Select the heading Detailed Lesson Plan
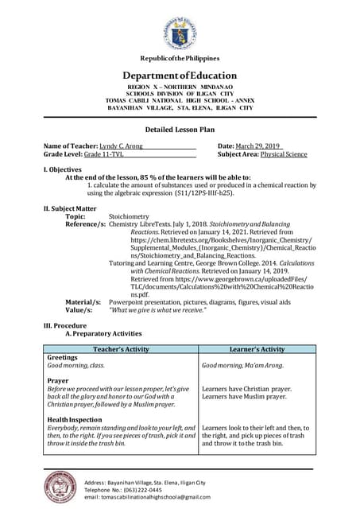180,129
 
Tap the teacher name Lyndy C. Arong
124,146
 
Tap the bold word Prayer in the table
58,381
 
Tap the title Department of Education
180,76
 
